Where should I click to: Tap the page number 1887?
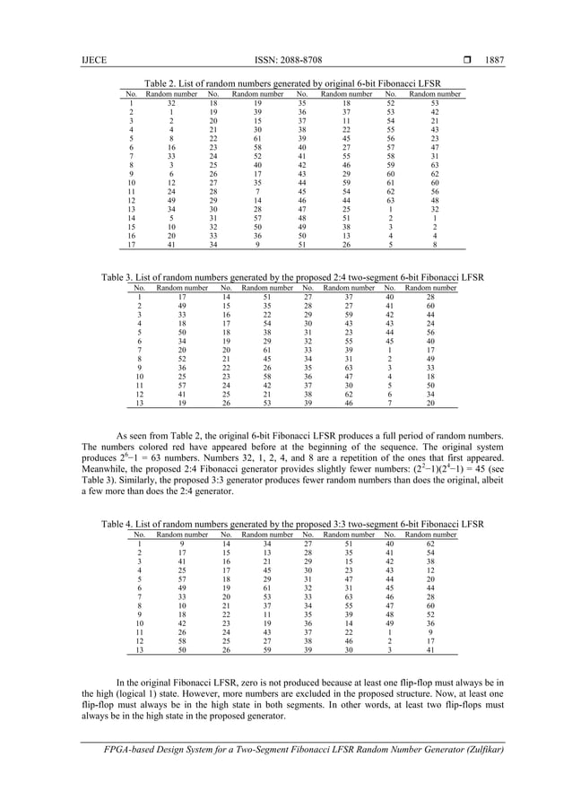click(494, 60)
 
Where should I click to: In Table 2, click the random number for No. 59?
click(435, 165)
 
